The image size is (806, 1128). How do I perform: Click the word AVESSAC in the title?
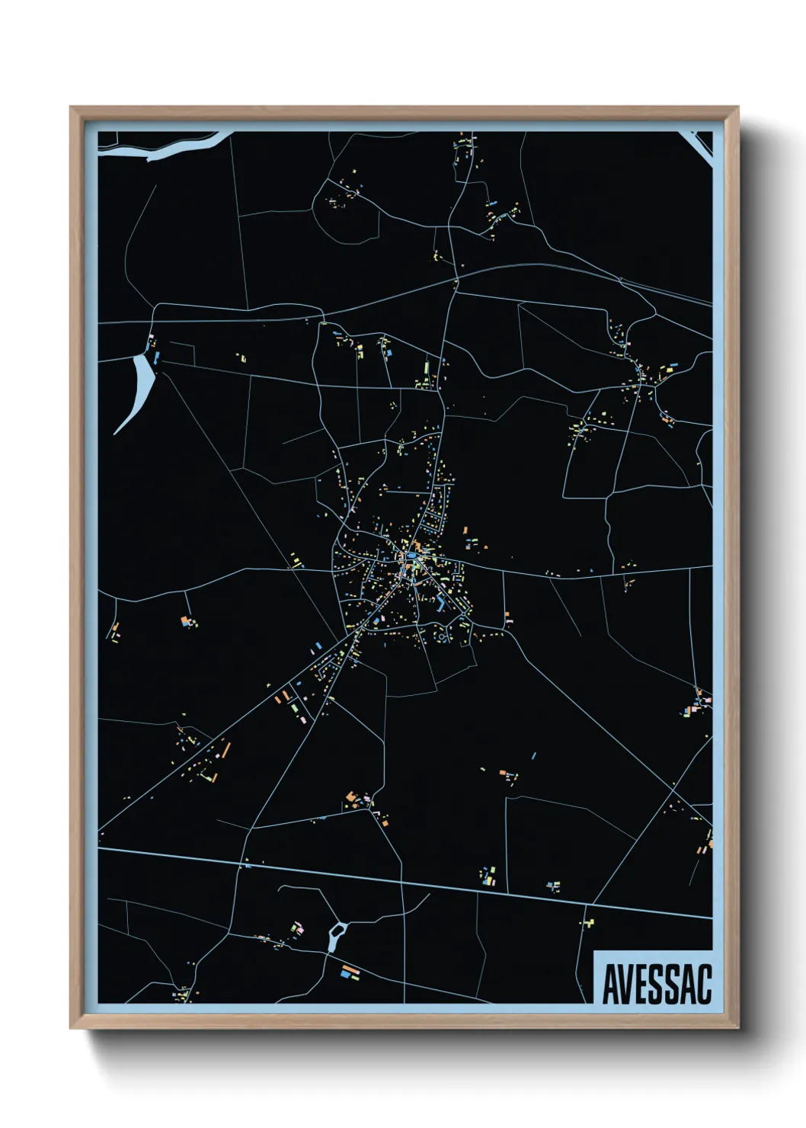point(656,984)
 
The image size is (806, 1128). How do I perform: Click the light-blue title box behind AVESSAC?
point(653,958)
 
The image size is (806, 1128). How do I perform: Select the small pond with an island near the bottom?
point(336,935)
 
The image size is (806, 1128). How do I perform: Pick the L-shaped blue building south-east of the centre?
point(441,605)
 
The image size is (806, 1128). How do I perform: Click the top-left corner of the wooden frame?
point(72,108)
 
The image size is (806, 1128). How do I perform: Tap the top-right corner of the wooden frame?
point(737,108)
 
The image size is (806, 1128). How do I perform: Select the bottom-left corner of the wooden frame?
point(72,1027)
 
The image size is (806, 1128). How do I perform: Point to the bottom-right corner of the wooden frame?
point(737,1027)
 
